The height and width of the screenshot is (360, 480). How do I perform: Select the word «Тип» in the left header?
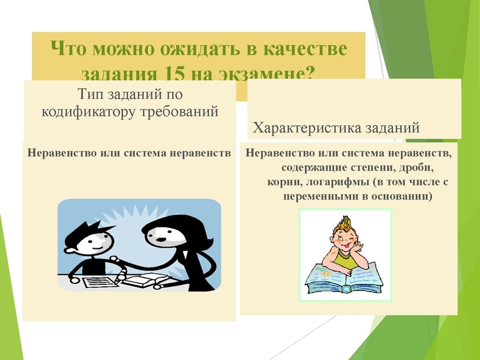[x=91, y=94]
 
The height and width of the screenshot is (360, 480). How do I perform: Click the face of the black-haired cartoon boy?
[x=94, y=241]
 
